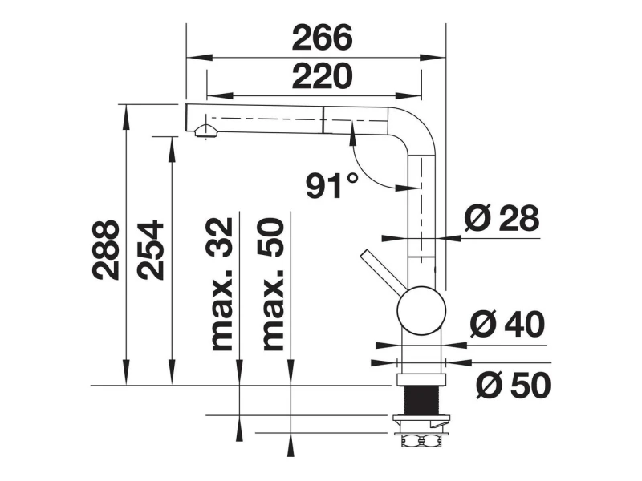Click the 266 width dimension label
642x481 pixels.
click(x=323, y=38)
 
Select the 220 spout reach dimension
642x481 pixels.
click(x=323, y=76)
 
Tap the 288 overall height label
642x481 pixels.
click(x=106, y=250)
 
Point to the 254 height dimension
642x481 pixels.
click(x=151, y=250)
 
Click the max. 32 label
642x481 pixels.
click(x=221, y=285)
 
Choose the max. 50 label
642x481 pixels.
click(x=273, y=285)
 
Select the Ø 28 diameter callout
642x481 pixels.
click(x=502, y=218)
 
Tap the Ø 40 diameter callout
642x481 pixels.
click(x=508, y=324)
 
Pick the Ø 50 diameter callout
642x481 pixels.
click(x=514, y=385)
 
